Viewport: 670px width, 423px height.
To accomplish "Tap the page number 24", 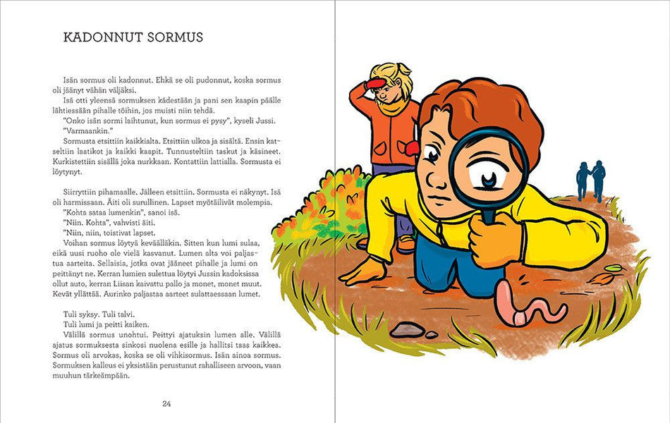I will click(x=166, y=404).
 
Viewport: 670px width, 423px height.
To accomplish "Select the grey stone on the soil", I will click(x=407, y=329).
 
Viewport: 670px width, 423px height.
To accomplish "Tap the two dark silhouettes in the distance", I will click(x=590, y=180).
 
